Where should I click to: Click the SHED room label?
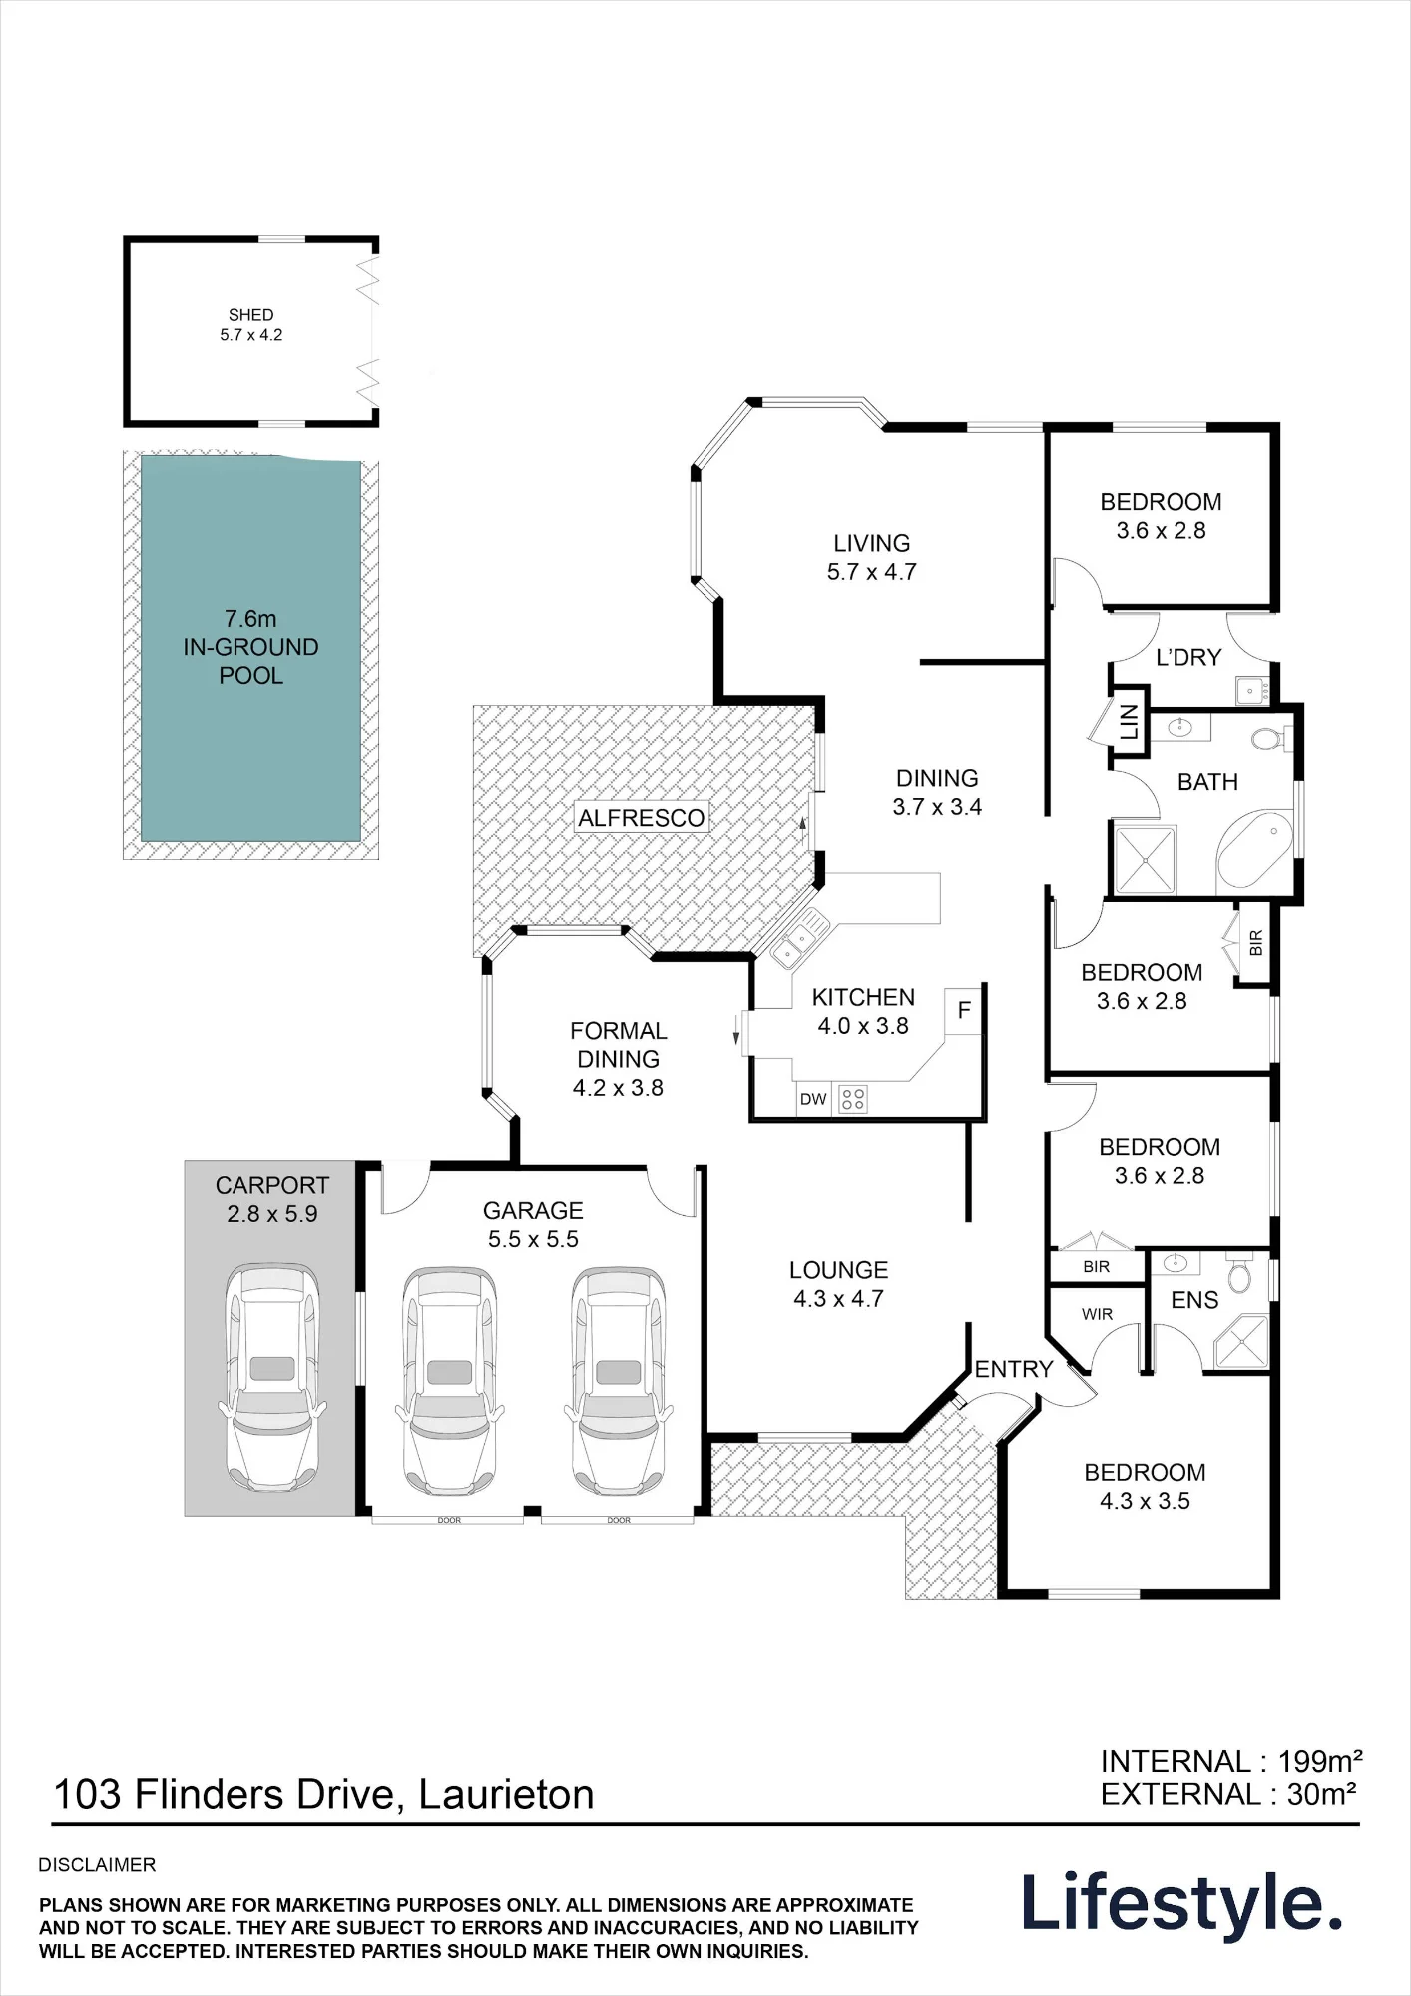click(x=250, y=315)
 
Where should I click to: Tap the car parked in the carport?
click(x=271, y=1378)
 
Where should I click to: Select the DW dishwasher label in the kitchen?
click(x=813, y=1099)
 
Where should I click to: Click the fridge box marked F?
click(x=964, y=1009)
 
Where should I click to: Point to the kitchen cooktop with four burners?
click(x=853, y=1099)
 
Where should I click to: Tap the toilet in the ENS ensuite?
click(x=1239, y=1272)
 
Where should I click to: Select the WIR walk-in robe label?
click(x=1097, y=1314)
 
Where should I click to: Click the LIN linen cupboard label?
click(x=1129, y=721)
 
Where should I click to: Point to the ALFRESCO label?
click(x=642, y=818)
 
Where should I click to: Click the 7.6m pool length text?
click(x=250, y=619)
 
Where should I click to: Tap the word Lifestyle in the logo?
click(x=1181, y=1903)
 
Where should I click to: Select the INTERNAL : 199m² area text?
click(x=1231, y=1761)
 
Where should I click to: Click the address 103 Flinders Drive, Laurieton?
click(x=323, y=1795)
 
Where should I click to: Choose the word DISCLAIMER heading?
click(x=97, y=1865)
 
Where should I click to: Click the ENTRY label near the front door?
click(x=1014, y=1369)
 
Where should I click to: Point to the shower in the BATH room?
click(x=1145, y=859)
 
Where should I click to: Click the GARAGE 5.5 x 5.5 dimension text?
click(x=533, y=1239)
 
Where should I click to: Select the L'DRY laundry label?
click(x=1188, y=657)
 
